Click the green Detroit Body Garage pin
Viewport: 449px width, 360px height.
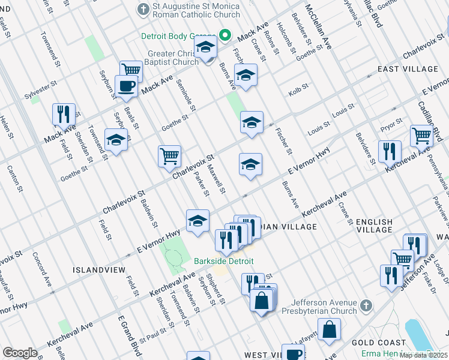pos(225,35)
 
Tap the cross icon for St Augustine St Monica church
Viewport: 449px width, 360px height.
pos(143,10)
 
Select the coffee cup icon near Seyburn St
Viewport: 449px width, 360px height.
pos(126,86)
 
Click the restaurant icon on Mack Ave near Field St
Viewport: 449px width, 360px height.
pos(63,114)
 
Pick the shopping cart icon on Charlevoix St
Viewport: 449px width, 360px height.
pos(170,156)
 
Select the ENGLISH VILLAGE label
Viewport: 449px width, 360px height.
pos(374,226)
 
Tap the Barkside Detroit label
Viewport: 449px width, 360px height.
pos(223,262)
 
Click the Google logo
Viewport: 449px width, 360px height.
pos(20,352)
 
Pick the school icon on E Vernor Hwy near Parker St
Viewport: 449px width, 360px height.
pos(197,221)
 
